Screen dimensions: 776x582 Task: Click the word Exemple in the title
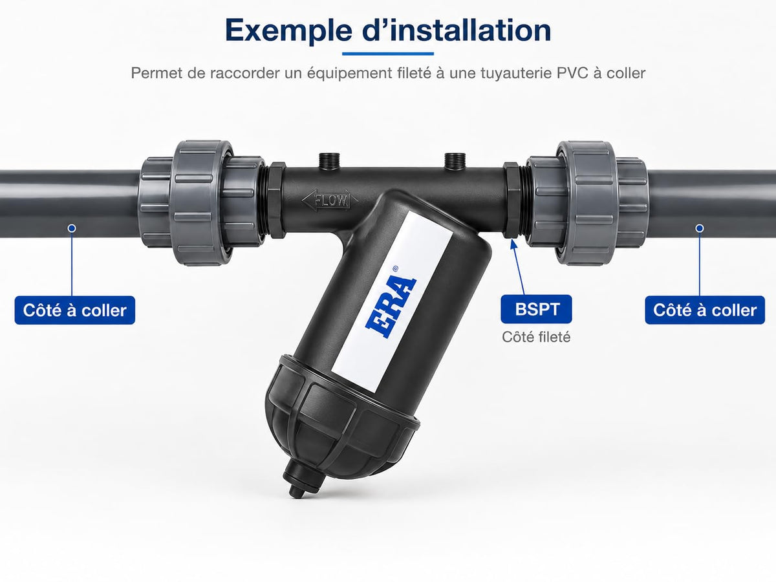[288, 31]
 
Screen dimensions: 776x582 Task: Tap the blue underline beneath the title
[388, 54]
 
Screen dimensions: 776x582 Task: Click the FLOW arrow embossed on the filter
[330, 200]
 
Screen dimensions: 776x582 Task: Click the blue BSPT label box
[536, 309]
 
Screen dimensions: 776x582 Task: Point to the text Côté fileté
[536, 337]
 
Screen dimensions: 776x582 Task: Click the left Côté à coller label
[74, 310]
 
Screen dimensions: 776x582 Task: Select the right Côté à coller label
[705, 310]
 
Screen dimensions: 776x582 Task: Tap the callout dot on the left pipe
[72, 228]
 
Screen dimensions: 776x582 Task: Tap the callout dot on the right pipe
[699, 228]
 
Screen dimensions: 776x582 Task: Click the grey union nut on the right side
[587, 203]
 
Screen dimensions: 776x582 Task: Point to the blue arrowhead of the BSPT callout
[512, 244]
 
